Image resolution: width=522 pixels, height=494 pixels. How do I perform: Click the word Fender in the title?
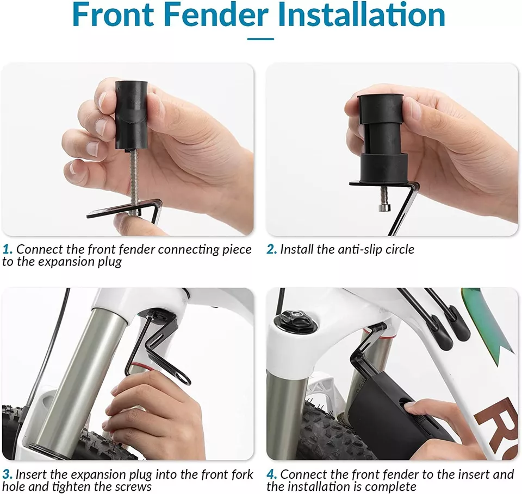coord(216,15)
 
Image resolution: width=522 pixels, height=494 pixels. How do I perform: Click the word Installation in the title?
coord(363,15)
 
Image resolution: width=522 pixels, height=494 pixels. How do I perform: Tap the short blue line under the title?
coord(260,39)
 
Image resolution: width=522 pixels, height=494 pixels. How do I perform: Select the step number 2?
coord(271,249)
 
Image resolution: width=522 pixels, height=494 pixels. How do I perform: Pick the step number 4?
coord(272,474)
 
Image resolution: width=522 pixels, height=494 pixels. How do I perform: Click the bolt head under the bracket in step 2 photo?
coord(384,207)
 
